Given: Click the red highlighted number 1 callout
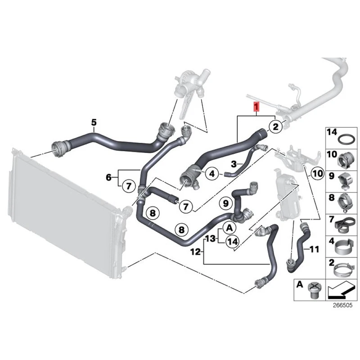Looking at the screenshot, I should click(x=256, y=107).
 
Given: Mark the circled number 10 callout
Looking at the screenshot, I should click(x=317, y=172).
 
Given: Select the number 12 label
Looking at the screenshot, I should click(x=195, y=252).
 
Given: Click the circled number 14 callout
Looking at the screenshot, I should click(x=232, y=242).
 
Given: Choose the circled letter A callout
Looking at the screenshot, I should click(x=228, y=228).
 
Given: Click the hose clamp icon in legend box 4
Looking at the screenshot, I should click(x=342, y=248).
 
